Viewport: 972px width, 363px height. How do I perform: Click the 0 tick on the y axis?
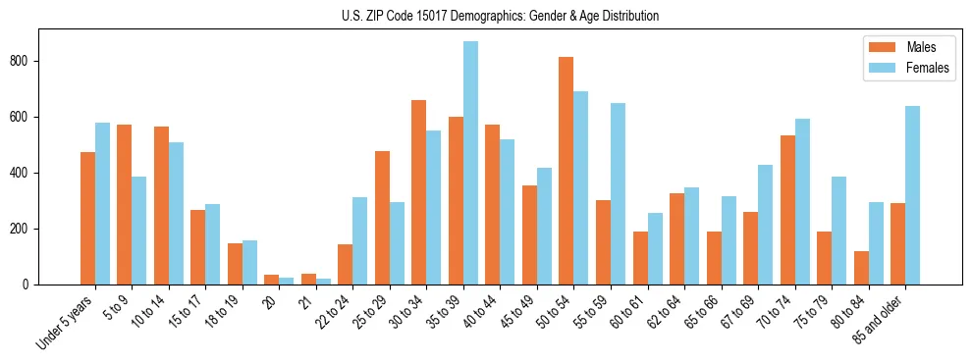click(31, 285)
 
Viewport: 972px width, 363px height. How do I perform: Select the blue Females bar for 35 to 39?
click(471, 163)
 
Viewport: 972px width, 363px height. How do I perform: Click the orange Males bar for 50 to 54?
click(567, 171)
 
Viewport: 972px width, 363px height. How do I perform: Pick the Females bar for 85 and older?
click(913, 195)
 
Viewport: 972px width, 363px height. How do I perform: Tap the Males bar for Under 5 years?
click(87, 218)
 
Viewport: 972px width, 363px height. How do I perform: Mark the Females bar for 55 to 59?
click(619, 193)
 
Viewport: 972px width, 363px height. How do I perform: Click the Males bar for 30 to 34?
click(419, 192)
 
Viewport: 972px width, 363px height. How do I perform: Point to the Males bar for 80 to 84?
click(861, 268)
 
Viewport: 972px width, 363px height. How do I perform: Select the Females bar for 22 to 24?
click(360, 240)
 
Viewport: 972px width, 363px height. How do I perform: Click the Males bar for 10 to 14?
click(161, 205)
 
